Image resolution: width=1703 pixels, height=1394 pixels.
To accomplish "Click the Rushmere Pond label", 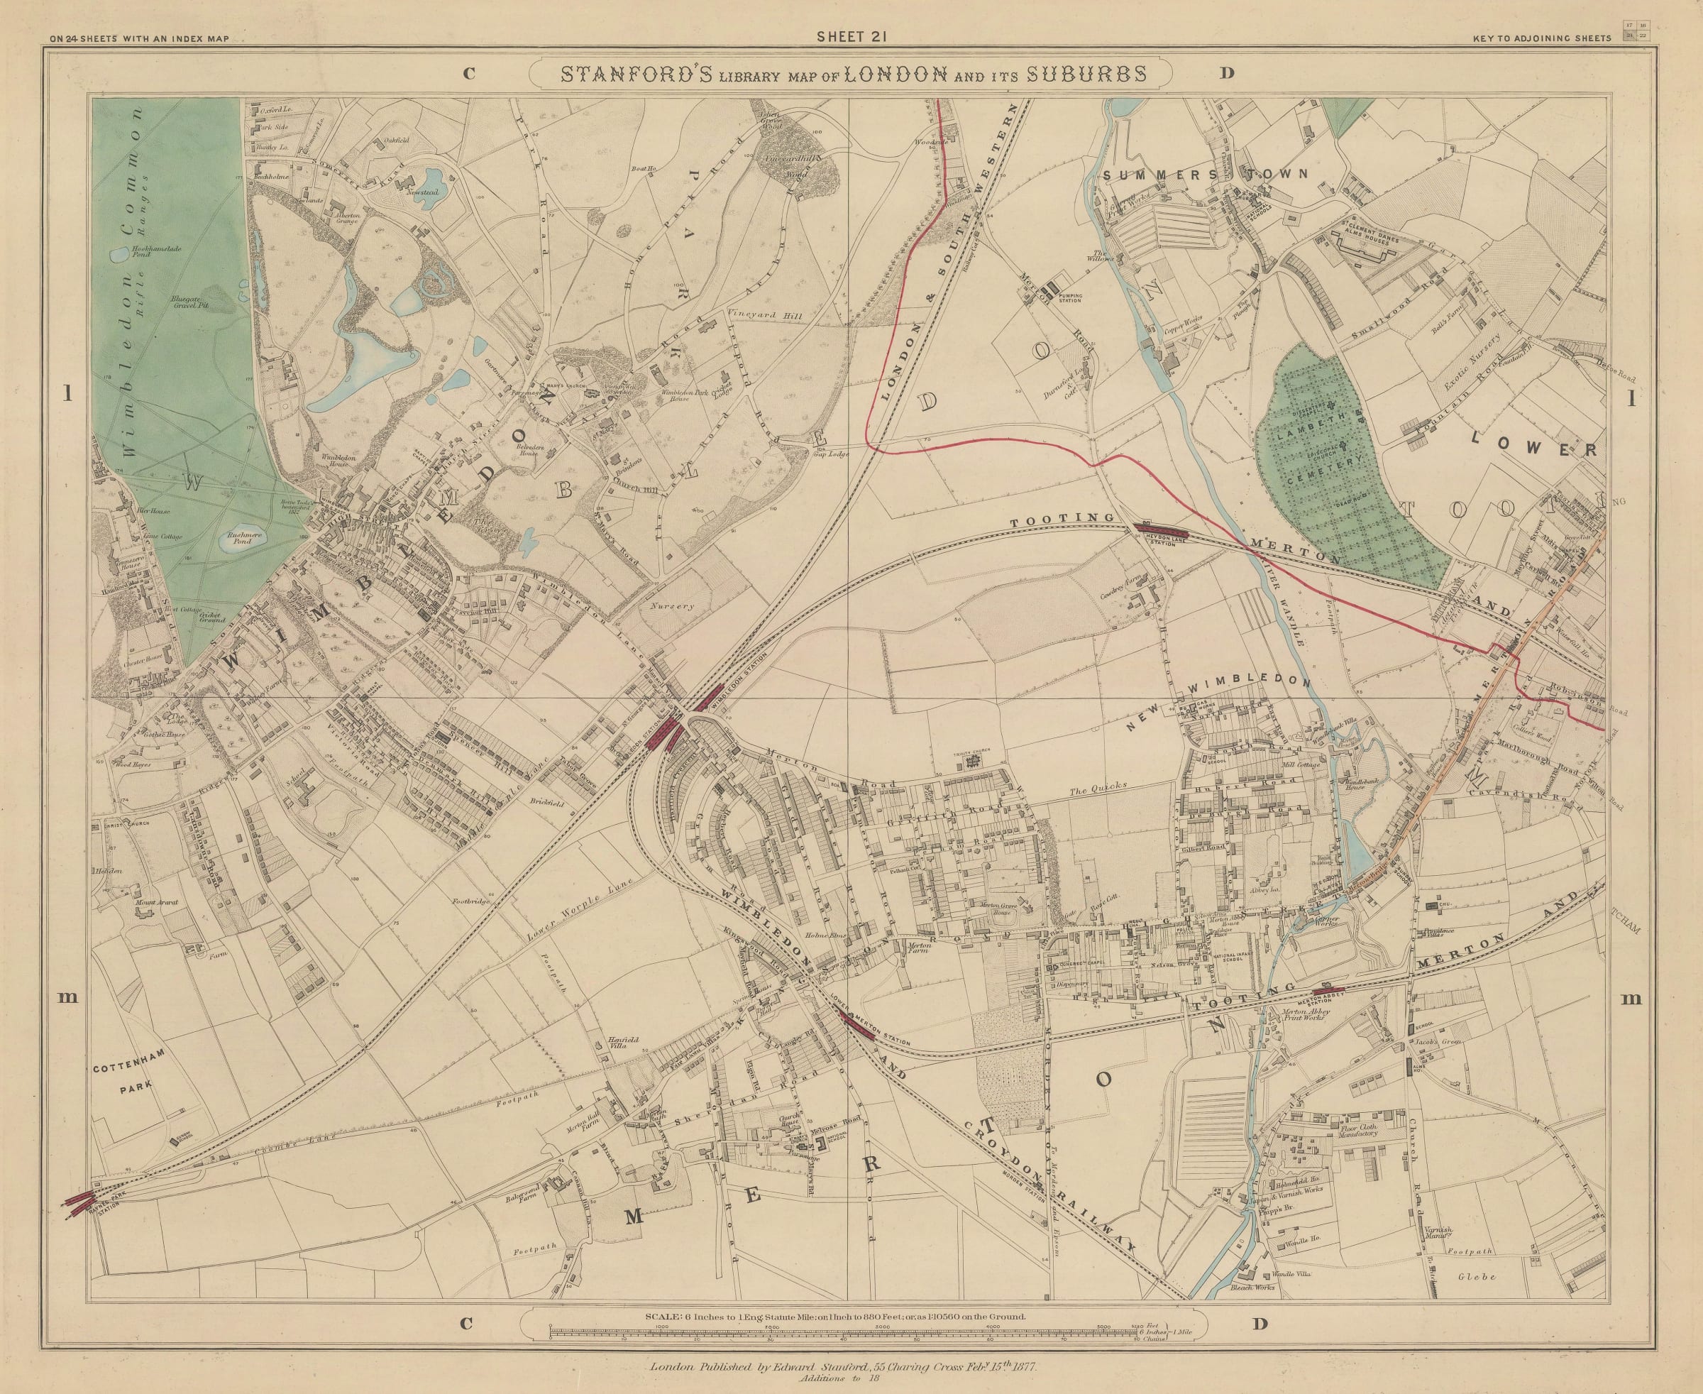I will (238, 537).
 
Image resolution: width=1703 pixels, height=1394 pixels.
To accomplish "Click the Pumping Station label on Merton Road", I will (1070, 298).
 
